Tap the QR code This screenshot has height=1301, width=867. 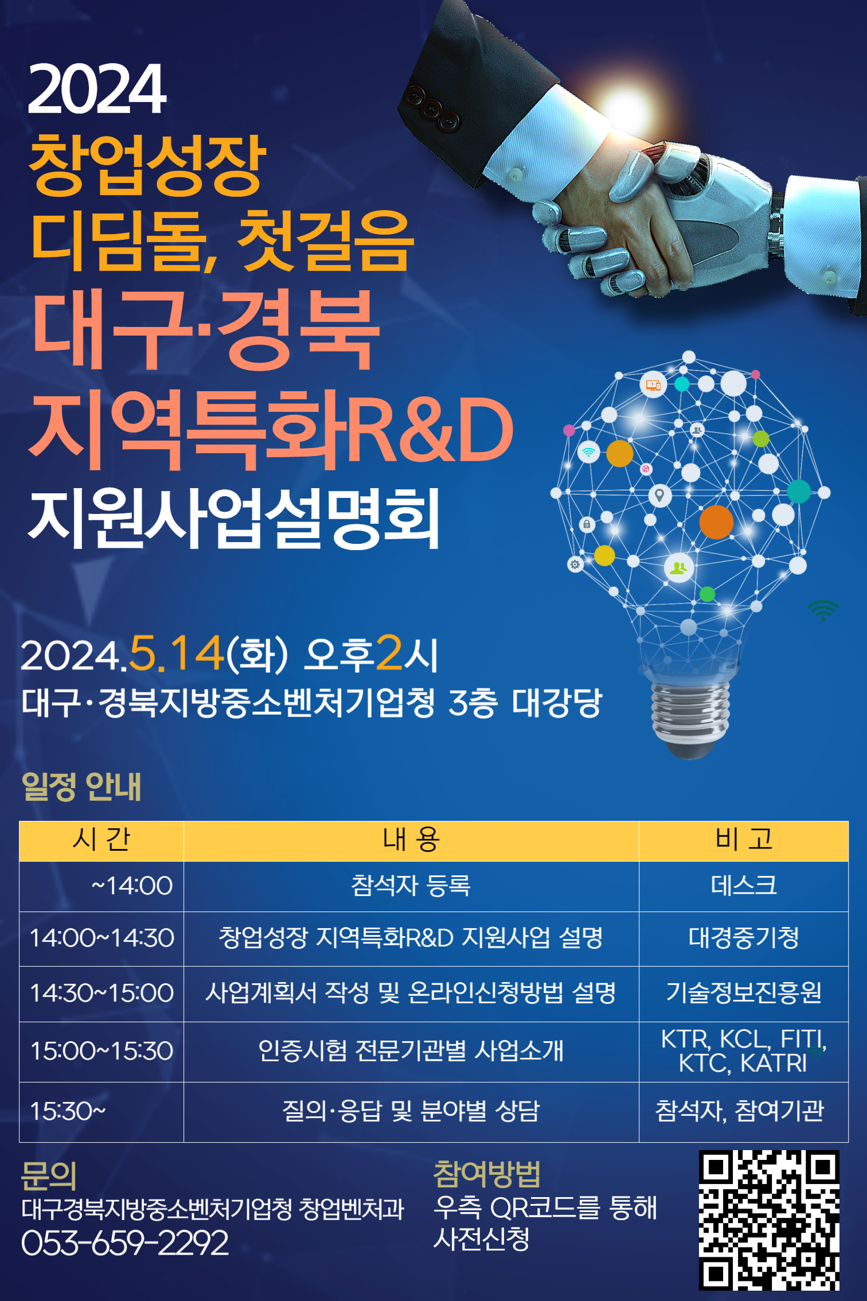[768, 1220]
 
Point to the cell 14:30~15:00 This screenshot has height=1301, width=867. [101, 993]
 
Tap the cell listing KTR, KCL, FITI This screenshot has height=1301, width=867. [744, 1051]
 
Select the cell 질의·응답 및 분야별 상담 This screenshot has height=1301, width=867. [411, 1111]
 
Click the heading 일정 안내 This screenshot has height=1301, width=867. [81, 786]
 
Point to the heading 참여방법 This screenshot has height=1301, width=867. [487, 1174]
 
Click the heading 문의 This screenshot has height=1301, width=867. [49, 1175]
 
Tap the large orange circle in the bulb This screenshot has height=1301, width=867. [716, 522]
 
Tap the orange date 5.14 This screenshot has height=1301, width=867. [177, 653]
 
